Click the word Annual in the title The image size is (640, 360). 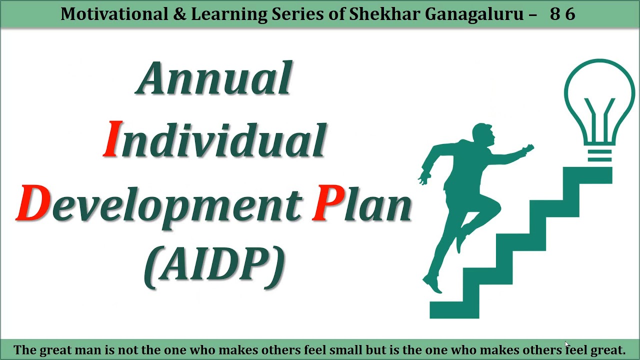click(x=214, y=79)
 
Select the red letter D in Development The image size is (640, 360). click(x=33, y=203)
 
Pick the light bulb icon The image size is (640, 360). click(x=599, y=107)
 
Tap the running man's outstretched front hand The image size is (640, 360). click(x=528, y=149)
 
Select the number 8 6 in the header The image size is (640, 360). click(x=562, y=14)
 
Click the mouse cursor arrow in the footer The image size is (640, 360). click(x=567, y=344)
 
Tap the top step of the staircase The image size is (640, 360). click(x=587, y=175)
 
